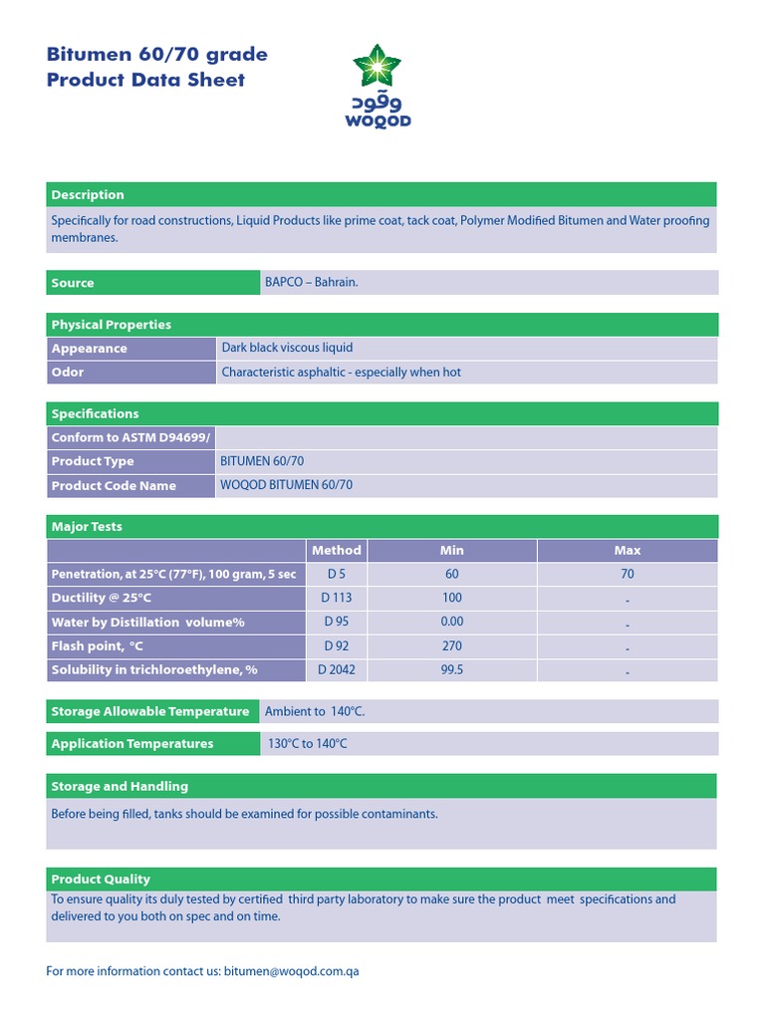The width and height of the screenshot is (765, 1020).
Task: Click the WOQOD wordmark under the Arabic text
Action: [x=378, y=122]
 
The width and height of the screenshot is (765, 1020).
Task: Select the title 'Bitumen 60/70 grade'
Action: [x=156, y=54]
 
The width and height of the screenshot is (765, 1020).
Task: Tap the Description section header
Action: [x=88, y=194]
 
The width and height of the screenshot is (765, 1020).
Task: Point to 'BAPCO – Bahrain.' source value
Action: [x=311, y=283]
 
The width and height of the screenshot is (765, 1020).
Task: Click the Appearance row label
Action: [x=90, y=349]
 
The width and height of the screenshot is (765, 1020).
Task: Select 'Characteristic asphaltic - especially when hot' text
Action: [x=341, y=373]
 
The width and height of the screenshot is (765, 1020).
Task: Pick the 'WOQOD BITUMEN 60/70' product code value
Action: [x=287, y=485]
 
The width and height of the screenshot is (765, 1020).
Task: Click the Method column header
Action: [x=337, y=550]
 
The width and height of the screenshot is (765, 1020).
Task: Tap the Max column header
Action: [x=627, y=550]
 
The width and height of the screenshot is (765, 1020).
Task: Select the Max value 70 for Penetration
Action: [x=627, y=574]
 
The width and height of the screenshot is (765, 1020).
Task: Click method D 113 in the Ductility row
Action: [x=337, y=598]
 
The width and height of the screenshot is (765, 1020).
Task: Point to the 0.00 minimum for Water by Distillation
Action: [x=451, y=622]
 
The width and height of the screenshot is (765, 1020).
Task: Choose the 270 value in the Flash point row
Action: [x=451, y=645]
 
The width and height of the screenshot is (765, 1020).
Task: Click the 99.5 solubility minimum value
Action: [x=451, y=669]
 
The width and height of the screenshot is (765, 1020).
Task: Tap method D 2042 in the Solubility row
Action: [x=337, y=669]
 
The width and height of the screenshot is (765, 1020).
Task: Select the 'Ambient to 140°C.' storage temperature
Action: [x=315, y=711]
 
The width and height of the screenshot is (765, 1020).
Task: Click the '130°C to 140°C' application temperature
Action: [x=307, y=744]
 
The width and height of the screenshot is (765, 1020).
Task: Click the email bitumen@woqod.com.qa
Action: [x=291, y=971]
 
